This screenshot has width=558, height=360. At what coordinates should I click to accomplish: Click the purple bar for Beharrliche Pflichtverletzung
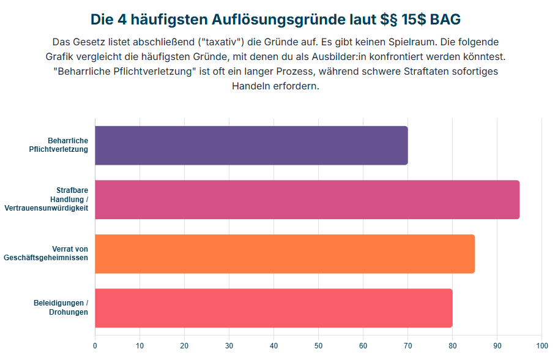pos(251,146)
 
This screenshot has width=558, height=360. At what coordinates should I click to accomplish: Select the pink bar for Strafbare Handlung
pos(307,200)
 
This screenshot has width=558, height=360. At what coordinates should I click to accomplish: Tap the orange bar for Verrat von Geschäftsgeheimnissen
pos(285,253)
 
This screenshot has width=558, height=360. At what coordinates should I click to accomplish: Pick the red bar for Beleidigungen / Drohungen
pos(273,308)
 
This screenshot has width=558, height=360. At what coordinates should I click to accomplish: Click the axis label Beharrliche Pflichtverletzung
pos(61,145)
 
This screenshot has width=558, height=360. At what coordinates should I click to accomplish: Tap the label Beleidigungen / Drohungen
pos(61,308)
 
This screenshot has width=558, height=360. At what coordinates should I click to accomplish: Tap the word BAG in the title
pos(445,20)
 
